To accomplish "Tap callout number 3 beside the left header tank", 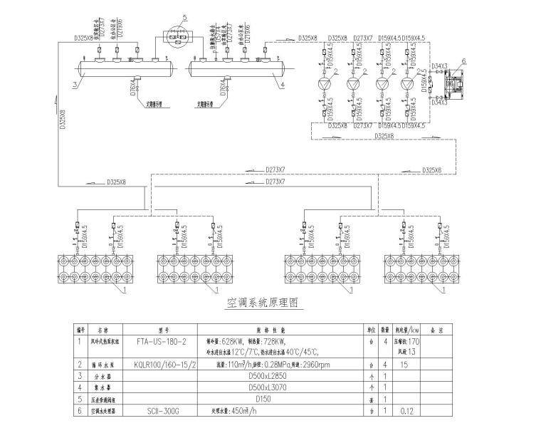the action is [x=73, y=84].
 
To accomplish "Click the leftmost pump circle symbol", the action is [x=324, y=84].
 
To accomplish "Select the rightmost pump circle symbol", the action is [x=406, y=84].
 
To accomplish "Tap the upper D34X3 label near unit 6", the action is [x=439, y=66].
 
